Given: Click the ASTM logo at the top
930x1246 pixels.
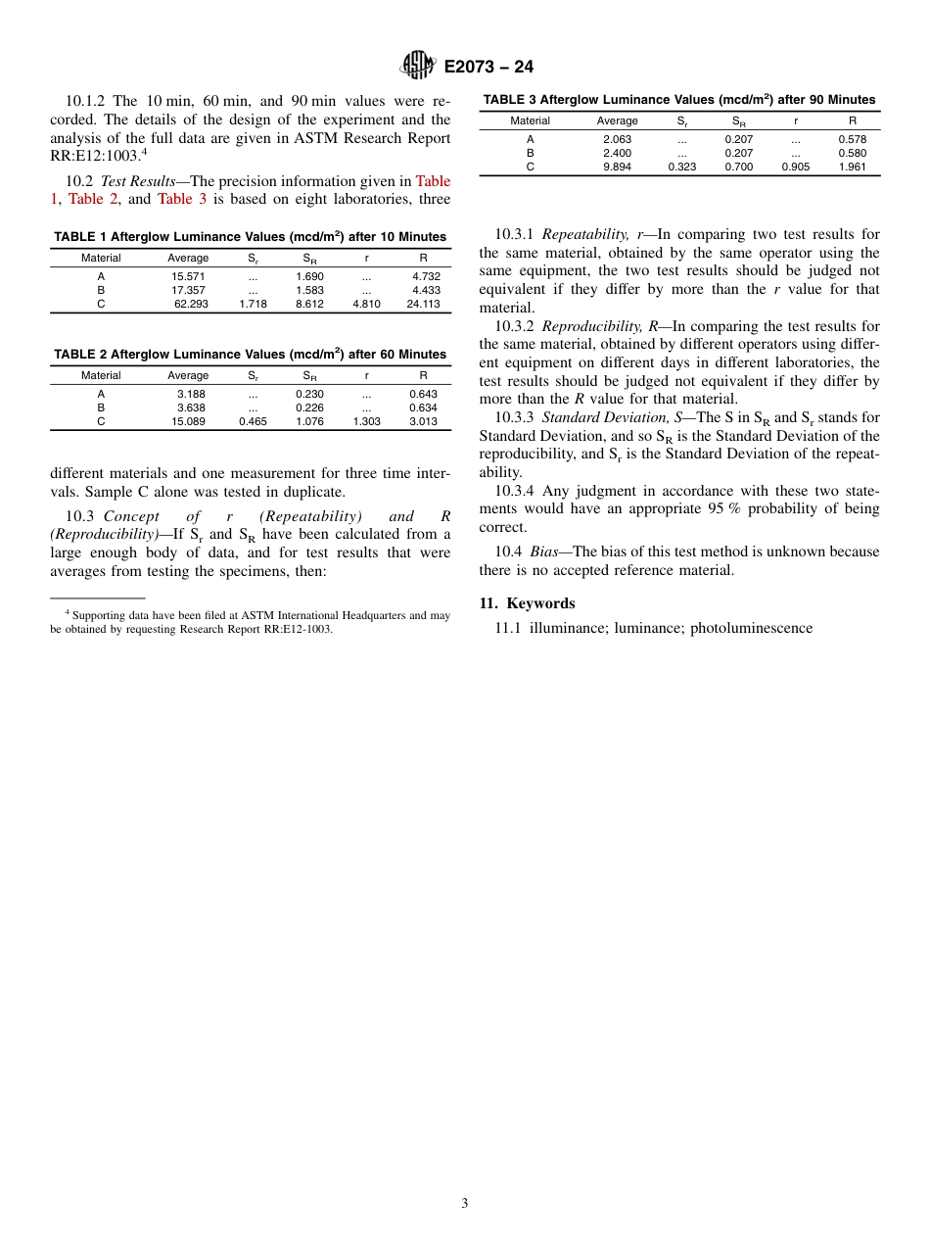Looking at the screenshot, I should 418,66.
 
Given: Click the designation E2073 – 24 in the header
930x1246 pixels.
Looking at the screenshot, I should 488,67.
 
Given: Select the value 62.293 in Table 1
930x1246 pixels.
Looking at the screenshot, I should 191,304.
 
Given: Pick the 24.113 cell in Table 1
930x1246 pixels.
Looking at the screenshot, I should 423,304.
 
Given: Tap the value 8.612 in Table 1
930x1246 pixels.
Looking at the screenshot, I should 309,304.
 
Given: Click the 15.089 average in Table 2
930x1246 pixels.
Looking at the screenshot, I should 189,421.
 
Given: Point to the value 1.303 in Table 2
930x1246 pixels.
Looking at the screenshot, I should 366,421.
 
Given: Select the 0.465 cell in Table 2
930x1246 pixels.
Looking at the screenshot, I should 253,421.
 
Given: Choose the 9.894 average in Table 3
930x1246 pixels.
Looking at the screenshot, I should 617,168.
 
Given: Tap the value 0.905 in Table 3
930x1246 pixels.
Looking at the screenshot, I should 795,168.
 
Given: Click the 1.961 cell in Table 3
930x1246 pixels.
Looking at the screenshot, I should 852,168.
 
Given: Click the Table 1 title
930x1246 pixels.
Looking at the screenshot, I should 250,236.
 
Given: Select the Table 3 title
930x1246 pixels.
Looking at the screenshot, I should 679,100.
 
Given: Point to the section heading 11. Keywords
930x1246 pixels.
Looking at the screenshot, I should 527,603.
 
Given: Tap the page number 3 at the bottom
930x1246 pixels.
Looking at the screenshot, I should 465,1204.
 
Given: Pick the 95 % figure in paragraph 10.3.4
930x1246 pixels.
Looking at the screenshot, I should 721,508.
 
